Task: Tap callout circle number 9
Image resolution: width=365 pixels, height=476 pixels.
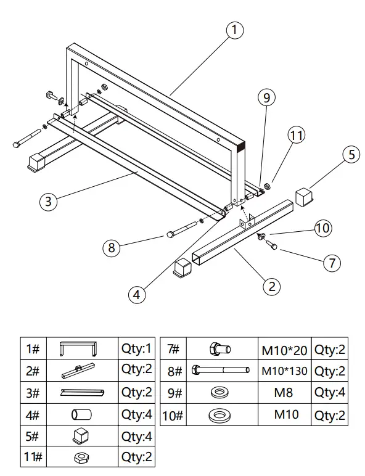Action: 266,97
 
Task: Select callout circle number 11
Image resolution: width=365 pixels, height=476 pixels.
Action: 297,136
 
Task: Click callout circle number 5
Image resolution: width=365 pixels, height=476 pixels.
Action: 351,154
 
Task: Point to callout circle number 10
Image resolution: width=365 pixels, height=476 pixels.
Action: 322,228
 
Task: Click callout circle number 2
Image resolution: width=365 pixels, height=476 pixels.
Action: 271,285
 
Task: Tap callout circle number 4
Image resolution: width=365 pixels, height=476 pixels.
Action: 137,294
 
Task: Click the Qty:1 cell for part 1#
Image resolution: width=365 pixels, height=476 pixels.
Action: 136,349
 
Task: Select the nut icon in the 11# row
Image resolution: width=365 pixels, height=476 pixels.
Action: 80,457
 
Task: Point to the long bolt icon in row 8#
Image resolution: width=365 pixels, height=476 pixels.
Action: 221,371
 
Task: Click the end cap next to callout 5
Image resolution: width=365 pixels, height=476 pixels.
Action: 305,197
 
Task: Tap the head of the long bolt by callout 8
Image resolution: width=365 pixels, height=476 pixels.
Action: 170,234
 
